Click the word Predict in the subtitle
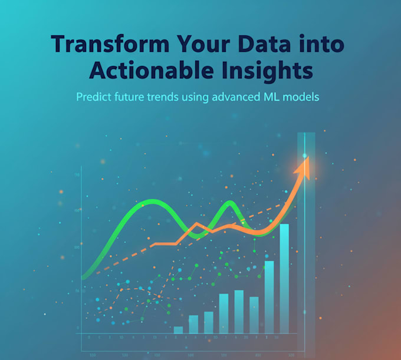(94, 97)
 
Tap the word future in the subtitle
(133, 97)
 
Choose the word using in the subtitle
(205, 97)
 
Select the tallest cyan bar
(284, 277)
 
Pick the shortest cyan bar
(178, 330)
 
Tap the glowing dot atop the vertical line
(305, 156)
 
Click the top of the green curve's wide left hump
(153, 203)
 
